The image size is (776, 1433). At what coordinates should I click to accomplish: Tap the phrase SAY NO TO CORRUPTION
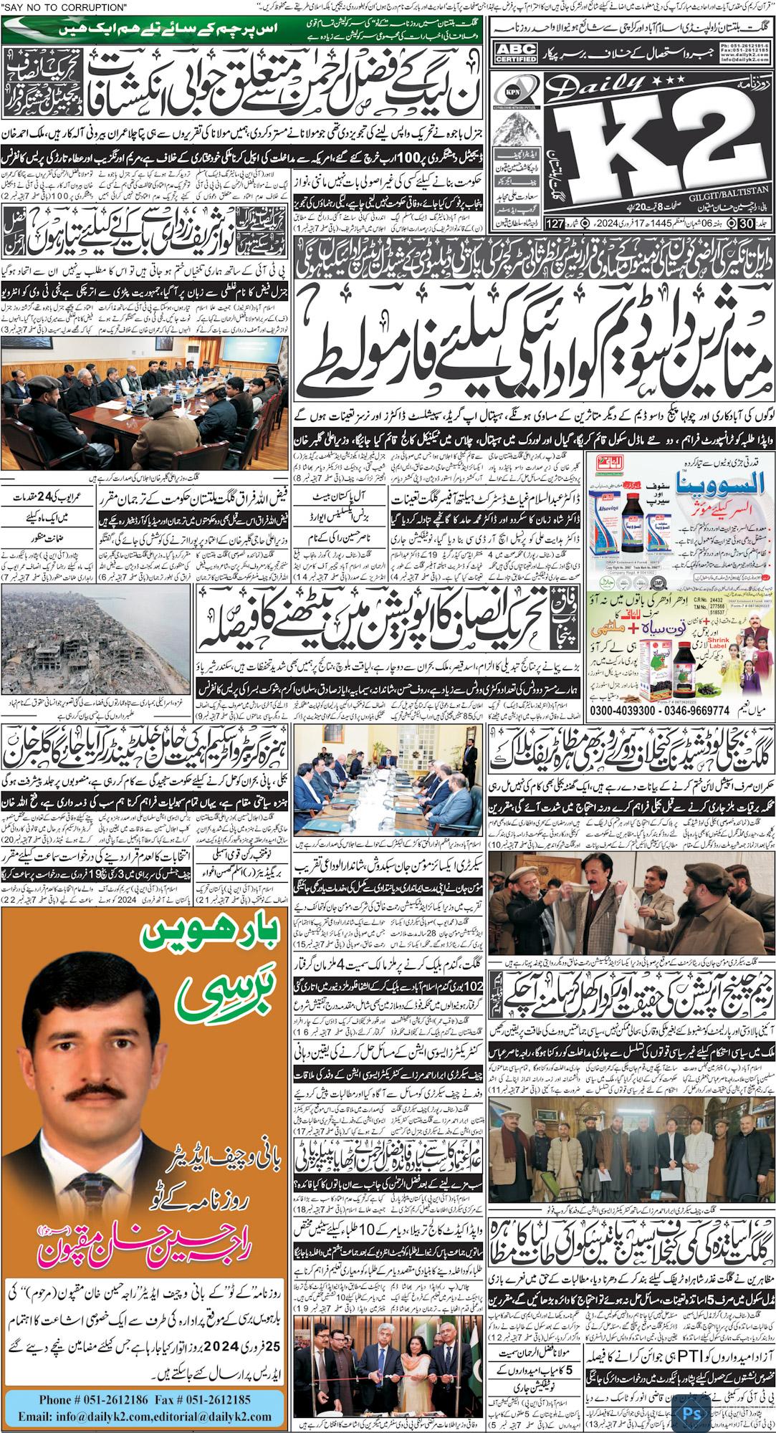point(62,7)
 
